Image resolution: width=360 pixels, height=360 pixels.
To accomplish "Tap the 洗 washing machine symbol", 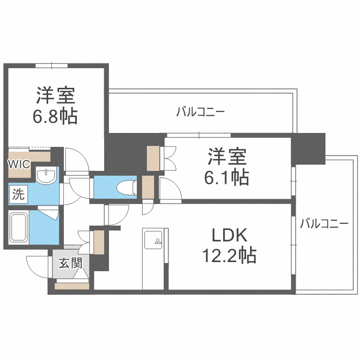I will click(x=18, y=194).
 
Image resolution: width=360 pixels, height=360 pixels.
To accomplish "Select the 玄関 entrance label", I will click(x=70, y=263).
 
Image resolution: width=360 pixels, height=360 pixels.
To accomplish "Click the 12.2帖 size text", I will click(x=229, y=255).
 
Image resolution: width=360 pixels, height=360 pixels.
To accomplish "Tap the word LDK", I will click(x=229, y=235).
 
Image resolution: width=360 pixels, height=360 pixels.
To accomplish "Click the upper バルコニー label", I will click(x=201, y=113).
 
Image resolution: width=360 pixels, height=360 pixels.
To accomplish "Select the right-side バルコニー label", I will click(x=324, y=223).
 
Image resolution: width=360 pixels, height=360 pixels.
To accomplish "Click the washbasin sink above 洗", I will click(x=47, y=176).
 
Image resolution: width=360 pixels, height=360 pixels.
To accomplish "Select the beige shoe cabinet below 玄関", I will click(x=72, y=287).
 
